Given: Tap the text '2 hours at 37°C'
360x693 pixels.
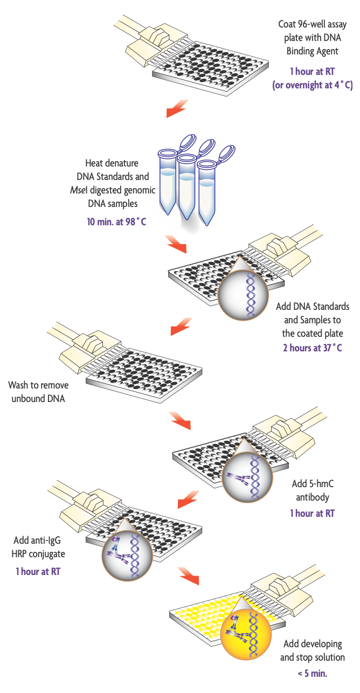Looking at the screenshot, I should tap(313, 348).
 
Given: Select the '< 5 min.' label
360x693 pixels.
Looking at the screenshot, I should tap(312, 673).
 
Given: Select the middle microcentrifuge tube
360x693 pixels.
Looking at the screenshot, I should tap(185, 186).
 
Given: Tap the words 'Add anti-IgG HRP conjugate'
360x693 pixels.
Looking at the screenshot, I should tap(38, 548).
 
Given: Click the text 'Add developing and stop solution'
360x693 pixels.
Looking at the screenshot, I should tap(312, 650).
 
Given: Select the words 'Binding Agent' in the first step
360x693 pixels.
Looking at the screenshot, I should tap(313, 51).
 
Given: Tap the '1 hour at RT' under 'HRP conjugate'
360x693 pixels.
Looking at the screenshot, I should tap(38, 571).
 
